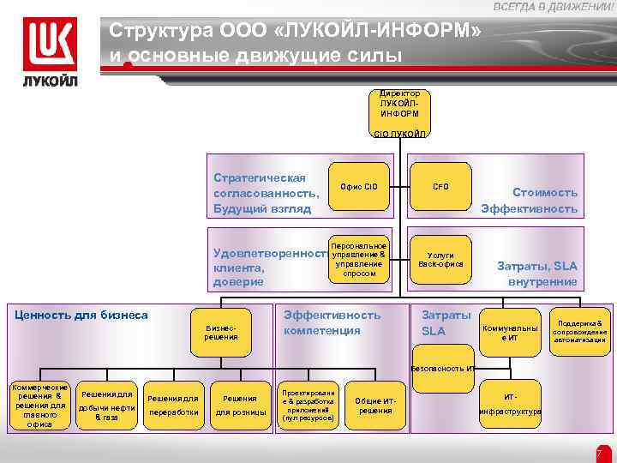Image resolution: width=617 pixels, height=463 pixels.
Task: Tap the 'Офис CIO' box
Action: point(358,186)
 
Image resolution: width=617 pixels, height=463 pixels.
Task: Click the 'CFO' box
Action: point(440,186)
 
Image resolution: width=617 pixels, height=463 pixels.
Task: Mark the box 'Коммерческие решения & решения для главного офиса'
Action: point(39,405)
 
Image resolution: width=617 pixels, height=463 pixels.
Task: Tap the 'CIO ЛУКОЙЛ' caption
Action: point(399,134)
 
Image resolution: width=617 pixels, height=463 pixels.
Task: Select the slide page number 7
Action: point(600,452)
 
